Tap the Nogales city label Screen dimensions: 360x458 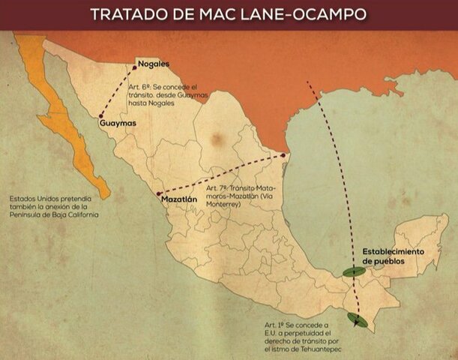click(x=154, y=64)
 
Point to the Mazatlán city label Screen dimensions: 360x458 click(x=178, y=199)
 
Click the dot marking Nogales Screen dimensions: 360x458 click(x=135, y=67)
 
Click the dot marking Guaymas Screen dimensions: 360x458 click(x=100, y=115)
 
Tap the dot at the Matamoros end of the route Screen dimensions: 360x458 click(x=283, y=156)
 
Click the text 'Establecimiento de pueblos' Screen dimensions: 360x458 click(x=393, y=255)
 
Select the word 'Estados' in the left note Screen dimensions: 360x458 click(x=22, y=199)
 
